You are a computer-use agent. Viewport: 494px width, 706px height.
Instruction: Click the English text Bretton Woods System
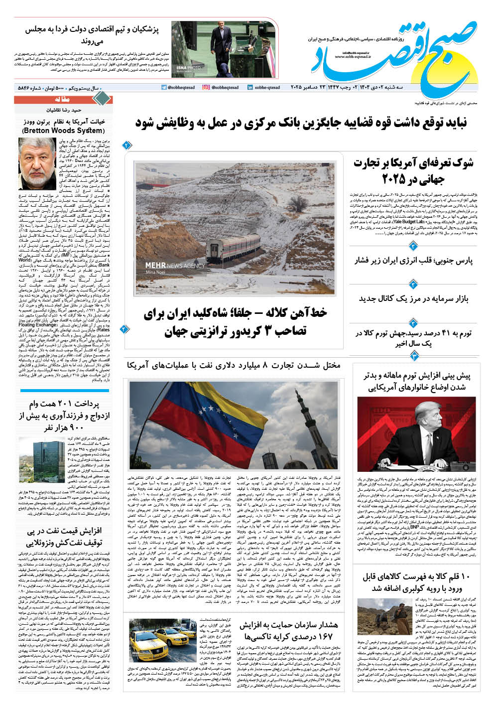tap(64, 131)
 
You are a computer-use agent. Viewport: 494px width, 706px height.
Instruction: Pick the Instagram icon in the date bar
tap(206, 87)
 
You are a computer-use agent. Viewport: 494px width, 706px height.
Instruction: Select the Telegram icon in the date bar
tap(164, 87)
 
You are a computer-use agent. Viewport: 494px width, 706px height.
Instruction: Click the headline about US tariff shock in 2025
tap(414, 171)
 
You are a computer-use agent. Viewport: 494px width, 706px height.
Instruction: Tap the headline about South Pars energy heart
tap(414, 260)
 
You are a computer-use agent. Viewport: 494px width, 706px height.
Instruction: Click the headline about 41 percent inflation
tap(414, 338)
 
